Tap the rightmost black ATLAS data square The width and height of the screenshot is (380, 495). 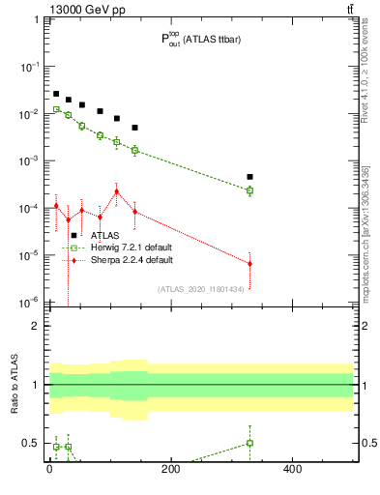(249, 177)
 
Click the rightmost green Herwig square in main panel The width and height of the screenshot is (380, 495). (249, 190)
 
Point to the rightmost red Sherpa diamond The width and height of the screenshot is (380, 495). (249, 264)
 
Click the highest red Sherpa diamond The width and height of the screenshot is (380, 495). (116, 191)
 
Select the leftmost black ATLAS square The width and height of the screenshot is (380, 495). (56, 94)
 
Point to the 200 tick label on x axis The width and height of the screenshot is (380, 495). (171, 469)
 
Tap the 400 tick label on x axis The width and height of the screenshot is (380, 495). (293, 469)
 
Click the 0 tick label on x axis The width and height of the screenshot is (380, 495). (49, 469)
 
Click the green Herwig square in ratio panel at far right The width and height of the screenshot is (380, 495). (249, 443)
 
